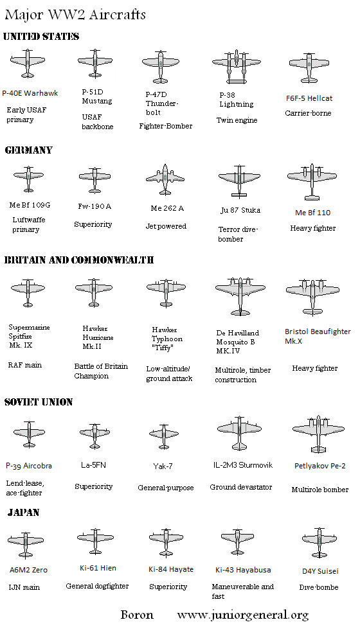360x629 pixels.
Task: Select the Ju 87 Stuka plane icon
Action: point(239,180)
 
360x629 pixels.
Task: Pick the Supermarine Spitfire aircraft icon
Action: point(28,293)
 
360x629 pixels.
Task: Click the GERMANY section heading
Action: point(29,150)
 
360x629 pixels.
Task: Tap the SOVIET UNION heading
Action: point(39,402)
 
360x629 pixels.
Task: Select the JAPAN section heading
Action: point(24,513)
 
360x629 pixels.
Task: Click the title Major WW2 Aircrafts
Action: point(75,14)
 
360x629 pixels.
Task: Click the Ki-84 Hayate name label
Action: point(170,569)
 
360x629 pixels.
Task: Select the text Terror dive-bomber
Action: point(238,234)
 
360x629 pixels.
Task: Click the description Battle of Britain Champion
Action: point(101,371)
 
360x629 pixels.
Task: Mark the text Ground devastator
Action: point(241,487)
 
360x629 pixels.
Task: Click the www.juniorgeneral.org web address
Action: point(243,615)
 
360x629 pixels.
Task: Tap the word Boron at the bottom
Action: point(137,615)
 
